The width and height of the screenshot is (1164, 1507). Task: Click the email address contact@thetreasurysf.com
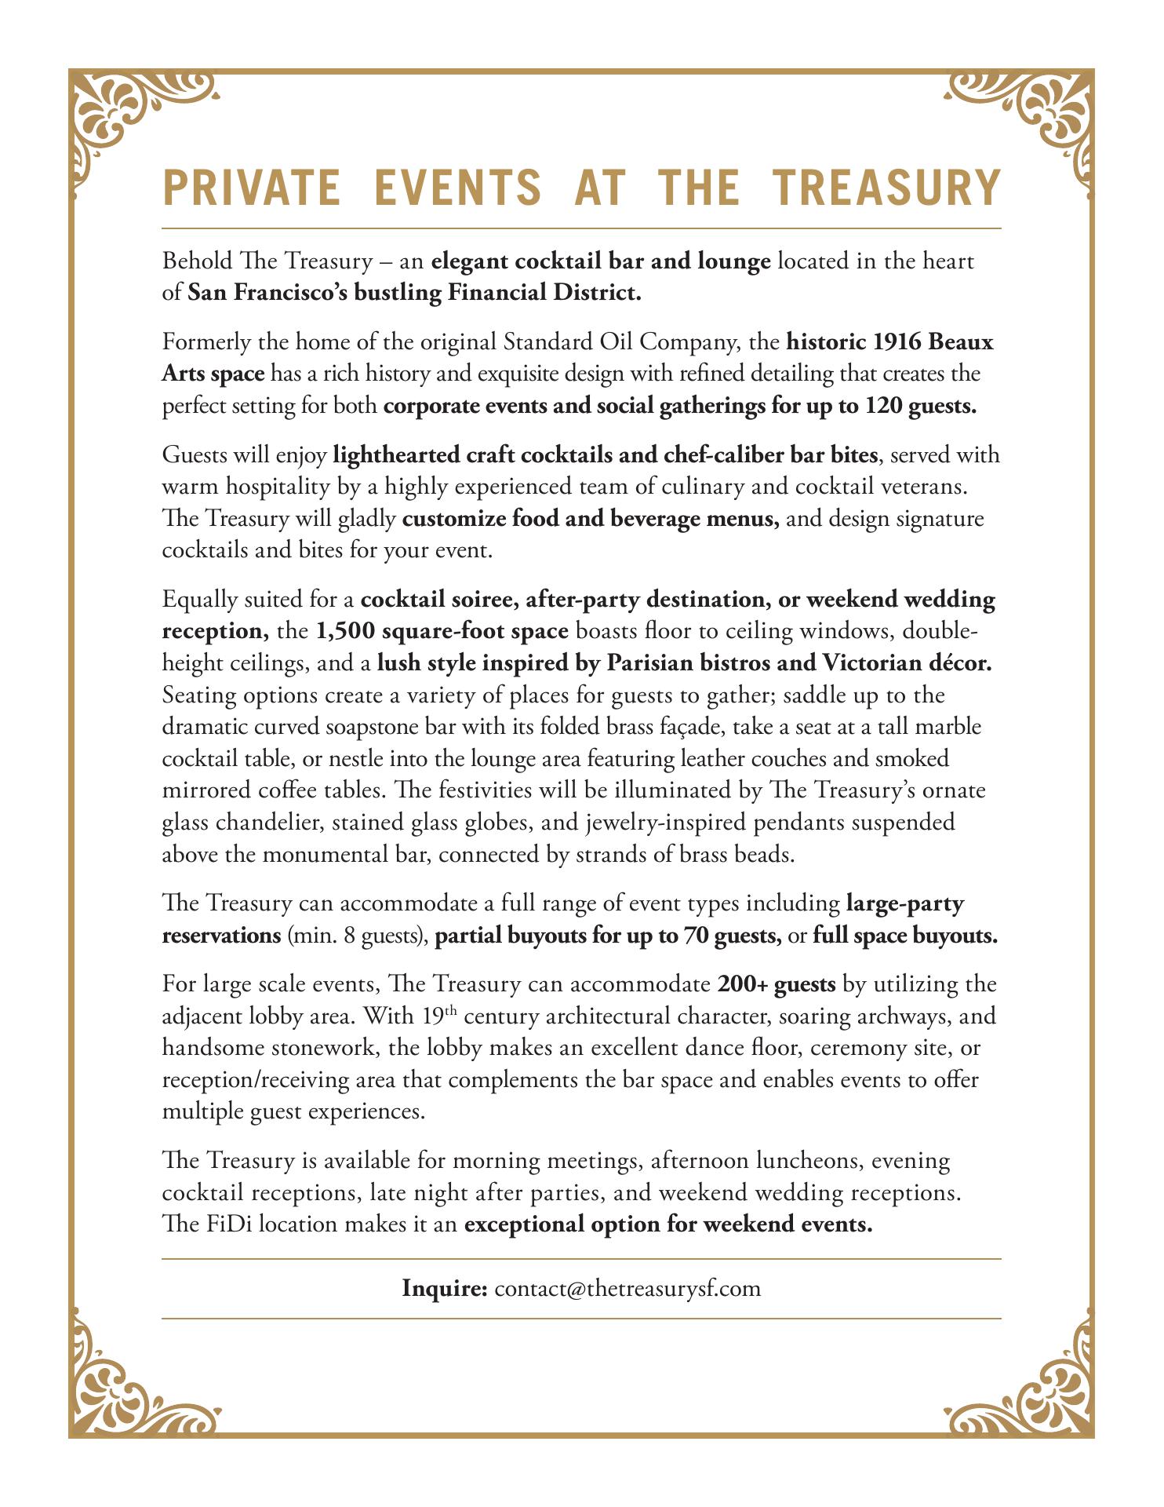coord(627,1288)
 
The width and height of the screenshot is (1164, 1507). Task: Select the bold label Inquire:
coord(446,1288)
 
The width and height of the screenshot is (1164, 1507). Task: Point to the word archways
coord(893,1016)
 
